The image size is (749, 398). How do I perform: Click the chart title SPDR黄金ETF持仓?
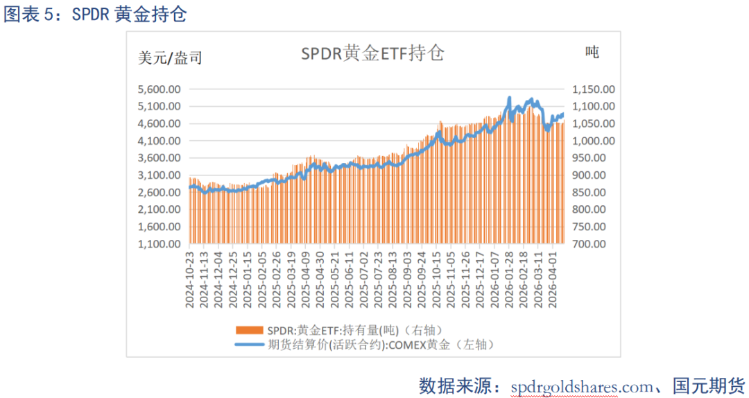point(372,54)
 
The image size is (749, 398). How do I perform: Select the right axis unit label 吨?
point(592,52)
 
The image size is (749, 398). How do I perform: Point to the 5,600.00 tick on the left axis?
point(160,89)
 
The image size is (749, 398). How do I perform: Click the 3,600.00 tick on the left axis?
point(160,158)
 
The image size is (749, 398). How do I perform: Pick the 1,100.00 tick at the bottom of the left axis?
point(160,244)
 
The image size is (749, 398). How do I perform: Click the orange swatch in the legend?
point(250,329)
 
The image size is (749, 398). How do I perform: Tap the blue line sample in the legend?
point(250,343)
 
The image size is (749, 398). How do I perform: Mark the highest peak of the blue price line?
point(510,98)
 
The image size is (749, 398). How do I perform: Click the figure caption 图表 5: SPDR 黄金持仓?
point(95,15)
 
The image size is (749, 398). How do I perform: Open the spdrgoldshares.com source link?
point(581,386)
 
